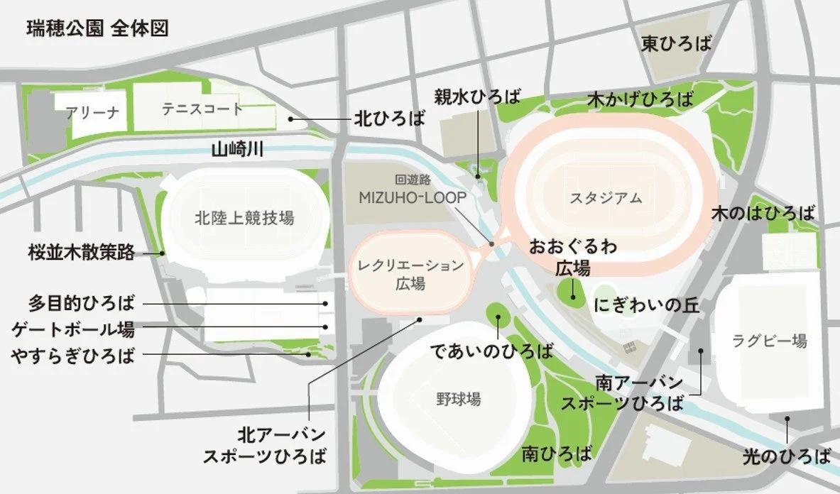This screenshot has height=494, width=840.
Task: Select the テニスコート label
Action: (202, 109)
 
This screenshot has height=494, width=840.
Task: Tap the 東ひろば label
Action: (675, 45)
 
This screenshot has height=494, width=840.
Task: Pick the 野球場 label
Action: (458, 399)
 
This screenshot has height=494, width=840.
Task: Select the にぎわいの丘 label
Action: (647, 306)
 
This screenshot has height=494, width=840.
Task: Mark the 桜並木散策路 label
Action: (82, 253)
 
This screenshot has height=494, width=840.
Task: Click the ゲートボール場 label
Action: (74, 329)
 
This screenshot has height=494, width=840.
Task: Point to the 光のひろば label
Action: (786, 455)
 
